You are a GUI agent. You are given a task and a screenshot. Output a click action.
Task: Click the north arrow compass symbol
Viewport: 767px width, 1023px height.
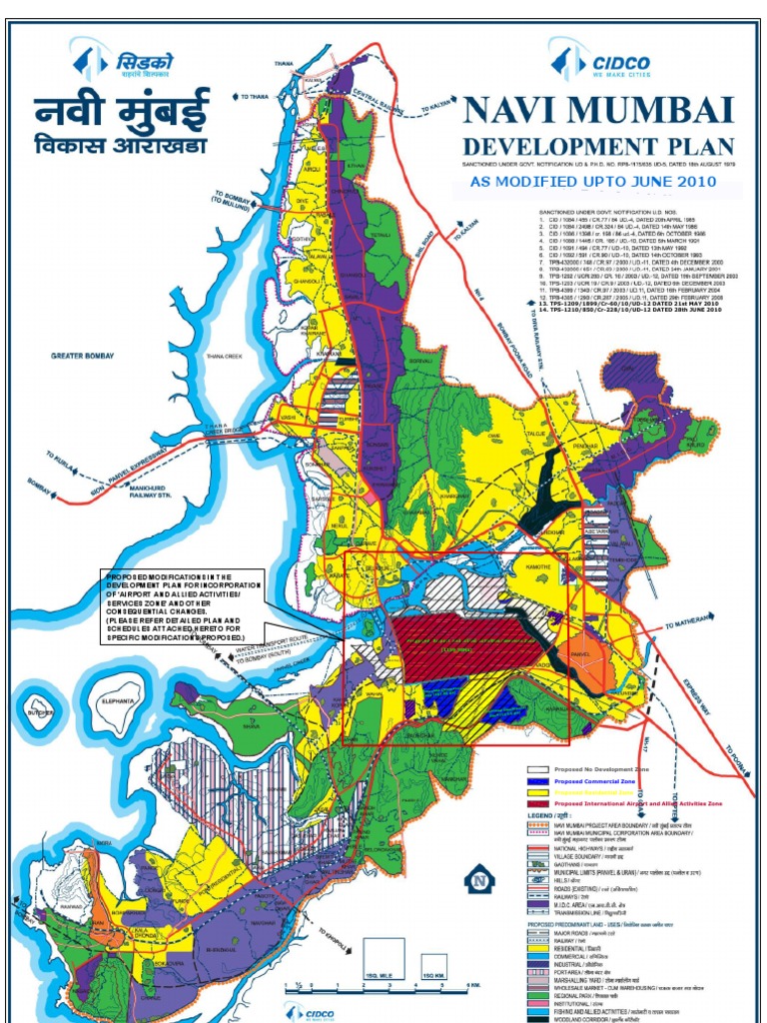pos(479,879)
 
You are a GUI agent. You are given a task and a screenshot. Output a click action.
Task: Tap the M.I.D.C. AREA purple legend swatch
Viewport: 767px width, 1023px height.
pos(540,906)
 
